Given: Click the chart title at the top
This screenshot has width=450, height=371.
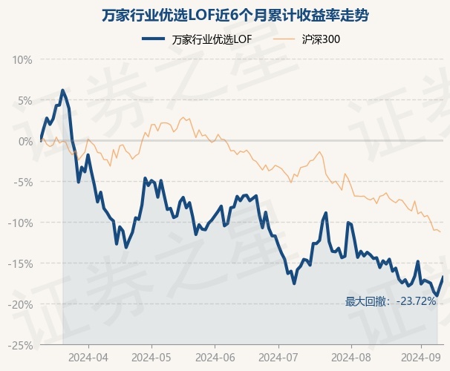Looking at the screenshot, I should pos(225,15).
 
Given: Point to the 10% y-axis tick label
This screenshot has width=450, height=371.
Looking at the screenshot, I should pos(22,59).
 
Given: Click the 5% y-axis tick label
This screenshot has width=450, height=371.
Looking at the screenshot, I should pos(25,100).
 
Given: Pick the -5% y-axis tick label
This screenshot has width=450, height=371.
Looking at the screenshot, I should pos(23,182).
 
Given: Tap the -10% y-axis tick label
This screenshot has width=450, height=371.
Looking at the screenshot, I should pos(21,223).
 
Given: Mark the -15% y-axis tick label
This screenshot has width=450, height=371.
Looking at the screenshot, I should pos(21,263).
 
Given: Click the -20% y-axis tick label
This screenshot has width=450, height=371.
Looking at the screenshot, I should pos(21,304).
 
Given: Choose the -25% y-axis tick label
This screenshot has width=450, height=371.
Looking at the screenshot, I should pos(21,345).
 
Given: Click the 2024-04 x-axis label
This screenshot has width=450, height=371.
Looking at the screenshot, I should pos(88,358).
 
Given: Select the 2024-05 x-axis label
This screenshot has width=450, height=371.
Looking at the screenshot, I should pos(151,358).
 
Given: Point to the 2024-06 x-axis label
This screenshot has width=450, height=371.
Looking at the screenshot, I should pos(215,358).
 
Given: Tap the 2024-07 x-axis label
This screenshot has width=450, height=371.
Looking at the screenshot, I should pos(278,358).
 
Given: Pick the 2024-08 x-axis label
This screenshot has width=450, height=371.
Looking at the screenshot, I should pos(341,358).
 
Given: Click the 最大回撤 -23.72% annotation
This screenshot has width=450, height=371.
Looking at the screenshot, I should pos(391,301).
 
